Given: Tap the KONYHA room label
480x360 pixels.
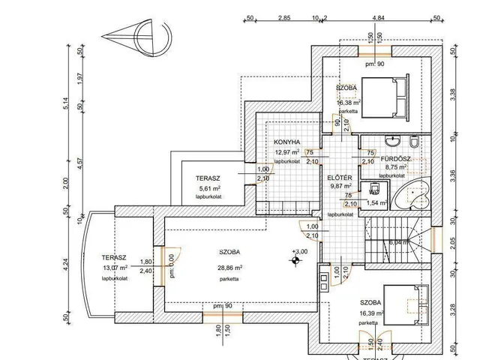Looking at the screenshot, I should coord(287,141).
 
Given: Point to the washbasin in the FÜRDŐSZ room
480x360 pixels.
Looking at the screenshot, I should coord(391,141).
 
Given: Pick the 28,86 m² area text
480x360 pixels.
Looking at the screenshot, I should coord(229,268).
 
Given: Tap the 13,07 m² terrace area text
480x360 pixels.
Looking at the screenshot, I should coord(115,268).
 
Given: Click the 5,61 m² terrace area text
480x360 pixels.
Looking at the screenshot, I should coord(208,189).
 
